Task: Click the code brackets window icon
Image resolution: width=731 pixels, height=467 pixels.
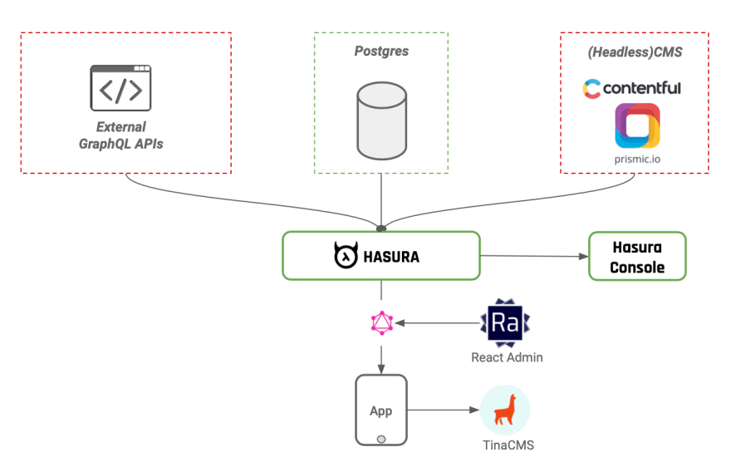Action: pyautogui.click(x=120, y=87)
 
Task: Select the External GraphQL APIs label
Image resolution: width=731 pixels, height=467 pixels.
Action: pyautogui.click(x=121, y=135)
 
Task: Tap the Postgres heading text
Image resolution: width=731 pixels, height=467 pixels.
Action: pyautogui.click(x=381, y=52)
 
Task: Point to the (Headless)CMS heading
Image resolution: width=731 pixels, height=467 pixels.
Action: pyautogui.click(x=635, y=52)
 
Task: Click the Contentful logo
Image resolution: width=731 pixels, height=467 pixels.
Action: pyautogui.click(x=631, y=88)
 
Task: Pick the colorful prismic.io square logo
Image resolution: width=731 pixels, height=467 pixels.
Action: pyautogui.click(x=637, y=125)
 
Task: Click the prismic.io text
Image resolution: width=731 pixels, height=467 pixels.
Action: pyautogui.click(x=637, y=158)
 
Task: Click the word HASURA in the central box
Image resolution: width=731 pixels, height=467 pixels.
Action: pyautogui.click(x=391, y=257)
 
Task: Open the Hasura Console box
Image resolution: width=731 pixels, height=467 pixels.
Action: pyautogui.click(x=637, y=257)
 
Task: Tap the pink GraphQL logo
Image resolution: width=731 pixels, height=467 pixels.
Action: pyautogui.click(x=381, y=323)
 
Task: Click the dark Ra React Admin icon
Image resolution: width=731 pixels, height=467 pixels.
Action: pyautogui.click(x=506, y=323)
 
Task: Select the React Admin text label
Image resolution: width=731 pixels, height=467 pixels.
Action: pyautogui.click(x=507, y=357)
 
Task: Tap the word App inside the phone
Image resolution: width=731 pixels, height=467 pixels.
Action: pyautogui.click(x=381, y=411)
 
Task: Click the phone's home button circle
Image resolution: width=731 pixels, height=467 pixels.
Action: pyautogui.click(x=381, y=438)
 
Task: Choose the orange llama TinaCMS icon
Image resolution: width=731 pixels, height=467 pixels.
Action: pyautogui.click(x=505, y=410)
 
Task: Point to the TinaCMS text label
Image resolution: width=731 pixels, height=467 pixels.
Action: pyautogui.click(x=508, y=445)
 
